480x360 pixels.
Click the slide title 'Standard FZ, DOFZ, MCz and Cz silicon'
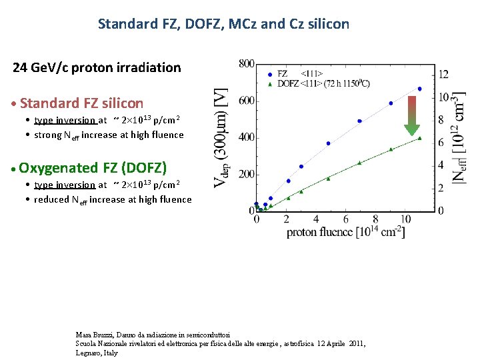coord(223,24)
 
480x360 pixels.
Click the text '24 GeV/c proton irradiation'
coord(97,67)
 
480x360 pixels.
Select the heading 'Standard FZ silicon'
coord(81,103)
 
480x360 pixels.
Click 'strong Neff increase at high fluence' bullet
coord(109,135)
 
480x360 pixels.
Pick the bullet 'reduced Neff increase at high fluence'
coord(113,199)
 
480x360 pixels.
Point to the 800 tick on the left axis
coord(245,64)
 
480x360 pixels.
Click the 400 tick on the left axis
coord(245,137)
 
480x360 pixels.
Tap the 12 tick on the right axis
coord(443,74)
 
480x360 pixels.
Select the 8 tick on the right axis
coord(440,120)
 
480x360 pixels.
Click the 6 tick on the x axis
coord(345,219)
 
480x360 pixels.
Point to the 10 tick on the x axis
coord(405,219)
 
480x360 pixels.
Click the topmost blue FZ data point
coord(419,89)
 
